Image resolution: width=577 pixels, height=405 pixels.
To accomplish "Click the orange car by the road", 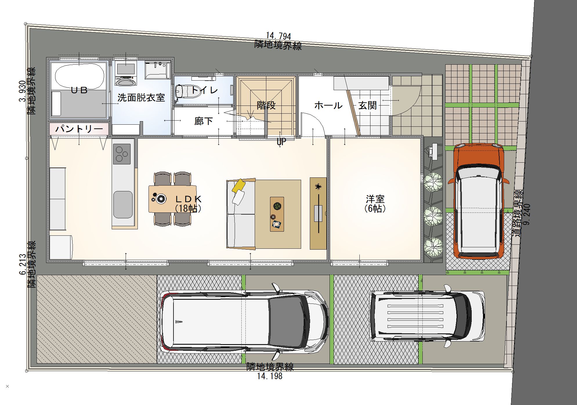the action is (478, 201).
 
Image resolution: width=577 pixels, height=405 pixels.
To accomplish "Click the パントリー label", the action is (79, 128).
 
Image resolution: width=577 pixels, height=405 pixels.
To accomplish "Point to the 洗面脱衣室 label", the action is (141, 98).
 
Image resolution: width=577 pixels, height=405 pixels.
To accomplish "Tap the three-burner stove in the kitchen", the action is (122, 154).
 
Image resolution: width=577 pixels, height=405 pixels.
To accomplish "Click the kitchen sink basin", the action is (123, 204).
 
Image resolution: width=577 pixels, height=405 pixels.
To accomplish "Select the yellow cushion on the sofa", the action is (239, 185).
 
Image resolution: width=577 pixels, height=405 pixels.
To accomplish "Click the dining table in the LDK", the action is (172, 199).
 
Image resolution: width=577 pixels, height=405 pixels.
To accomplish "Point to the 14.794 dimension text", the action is (278, 36).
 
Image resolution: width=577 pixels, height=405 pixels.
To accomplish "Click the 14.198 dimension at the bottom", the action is (270, 376).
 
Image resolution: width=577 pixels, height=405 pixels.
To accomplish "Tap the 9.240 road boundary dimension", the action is (527, 215).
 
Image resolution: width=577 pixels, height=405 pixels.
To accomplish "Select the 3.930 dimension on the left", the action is (22, 91).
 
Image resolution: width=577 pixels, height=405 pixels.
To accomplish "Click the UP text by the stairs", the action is (281, 141).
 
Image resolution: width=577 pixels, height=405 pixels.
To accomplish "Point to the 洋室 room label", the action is (375, 199).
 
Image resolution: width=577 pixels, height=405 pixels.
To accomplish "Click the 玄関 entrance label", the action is (368, 106).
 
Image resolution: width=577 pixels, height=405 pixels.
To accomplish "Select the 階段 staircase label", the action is (266, 106).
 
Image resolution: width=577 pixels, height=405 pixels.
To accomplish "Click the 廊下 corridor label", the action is (204, 121).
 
